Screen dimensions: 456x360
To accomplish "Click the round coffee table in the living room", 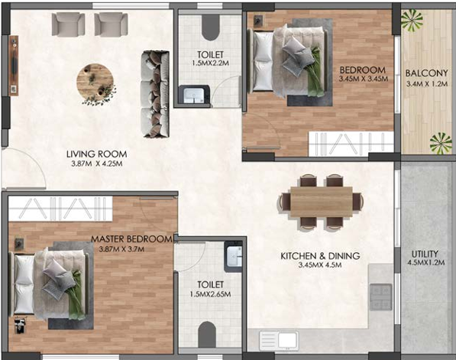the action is (x=95, y=82).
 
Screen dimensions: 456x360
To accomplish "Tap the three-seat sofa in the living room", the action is (x=156, y=94).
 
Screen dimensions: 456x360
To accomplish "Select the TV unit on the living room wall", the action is (x=14, y=66).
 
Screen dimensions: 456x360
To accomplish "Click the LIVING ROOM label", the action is (x=96, y=154).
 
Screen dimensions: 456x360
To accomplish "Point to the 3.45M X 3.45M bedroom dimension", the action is (x=364, y=79).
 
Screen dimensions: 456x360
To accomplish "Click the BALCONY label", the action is (x=427, y=73).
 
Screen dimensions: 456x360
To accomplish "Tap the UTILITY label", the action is (x=425, y=254).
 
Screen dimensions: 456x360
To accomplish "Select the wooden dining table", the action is (x=322, y=201).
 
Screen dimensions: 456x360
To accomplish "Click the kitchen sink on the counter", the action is (x=279, y=340).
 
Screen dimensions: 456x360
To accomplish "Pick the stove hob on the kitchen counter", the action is (x=380, y=297).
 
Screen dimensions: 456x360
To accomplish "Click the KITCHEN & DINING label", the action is (x=320, y=256).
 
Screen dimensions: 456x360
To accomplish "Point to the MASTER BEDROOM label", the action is (x=131, y=239).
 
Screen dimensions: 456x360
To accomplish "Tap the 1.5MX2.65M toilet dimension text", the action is (x=210, y=294).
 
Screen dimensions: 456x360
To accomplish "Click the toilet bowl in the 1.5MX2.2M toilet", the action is (x=210, y=27).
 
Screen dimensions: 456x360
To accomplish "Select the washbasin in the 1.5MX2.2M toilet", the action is (x=194, y=94).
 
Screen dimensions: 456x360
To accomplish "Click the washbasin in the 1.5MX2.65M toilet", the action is (x=234, y=256).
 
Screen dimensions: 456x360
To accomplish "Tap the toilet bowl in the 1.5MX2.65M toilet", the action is (x=207, y=334).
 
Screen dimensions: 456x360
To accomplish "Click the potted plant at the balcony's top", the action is (x=412, y=20).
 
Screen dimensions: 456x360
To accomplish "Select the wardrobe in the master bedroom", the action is (x=60, y=209).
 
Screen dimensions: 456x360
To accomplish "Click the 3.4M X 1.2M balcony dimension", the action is (x=427, y=84).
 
